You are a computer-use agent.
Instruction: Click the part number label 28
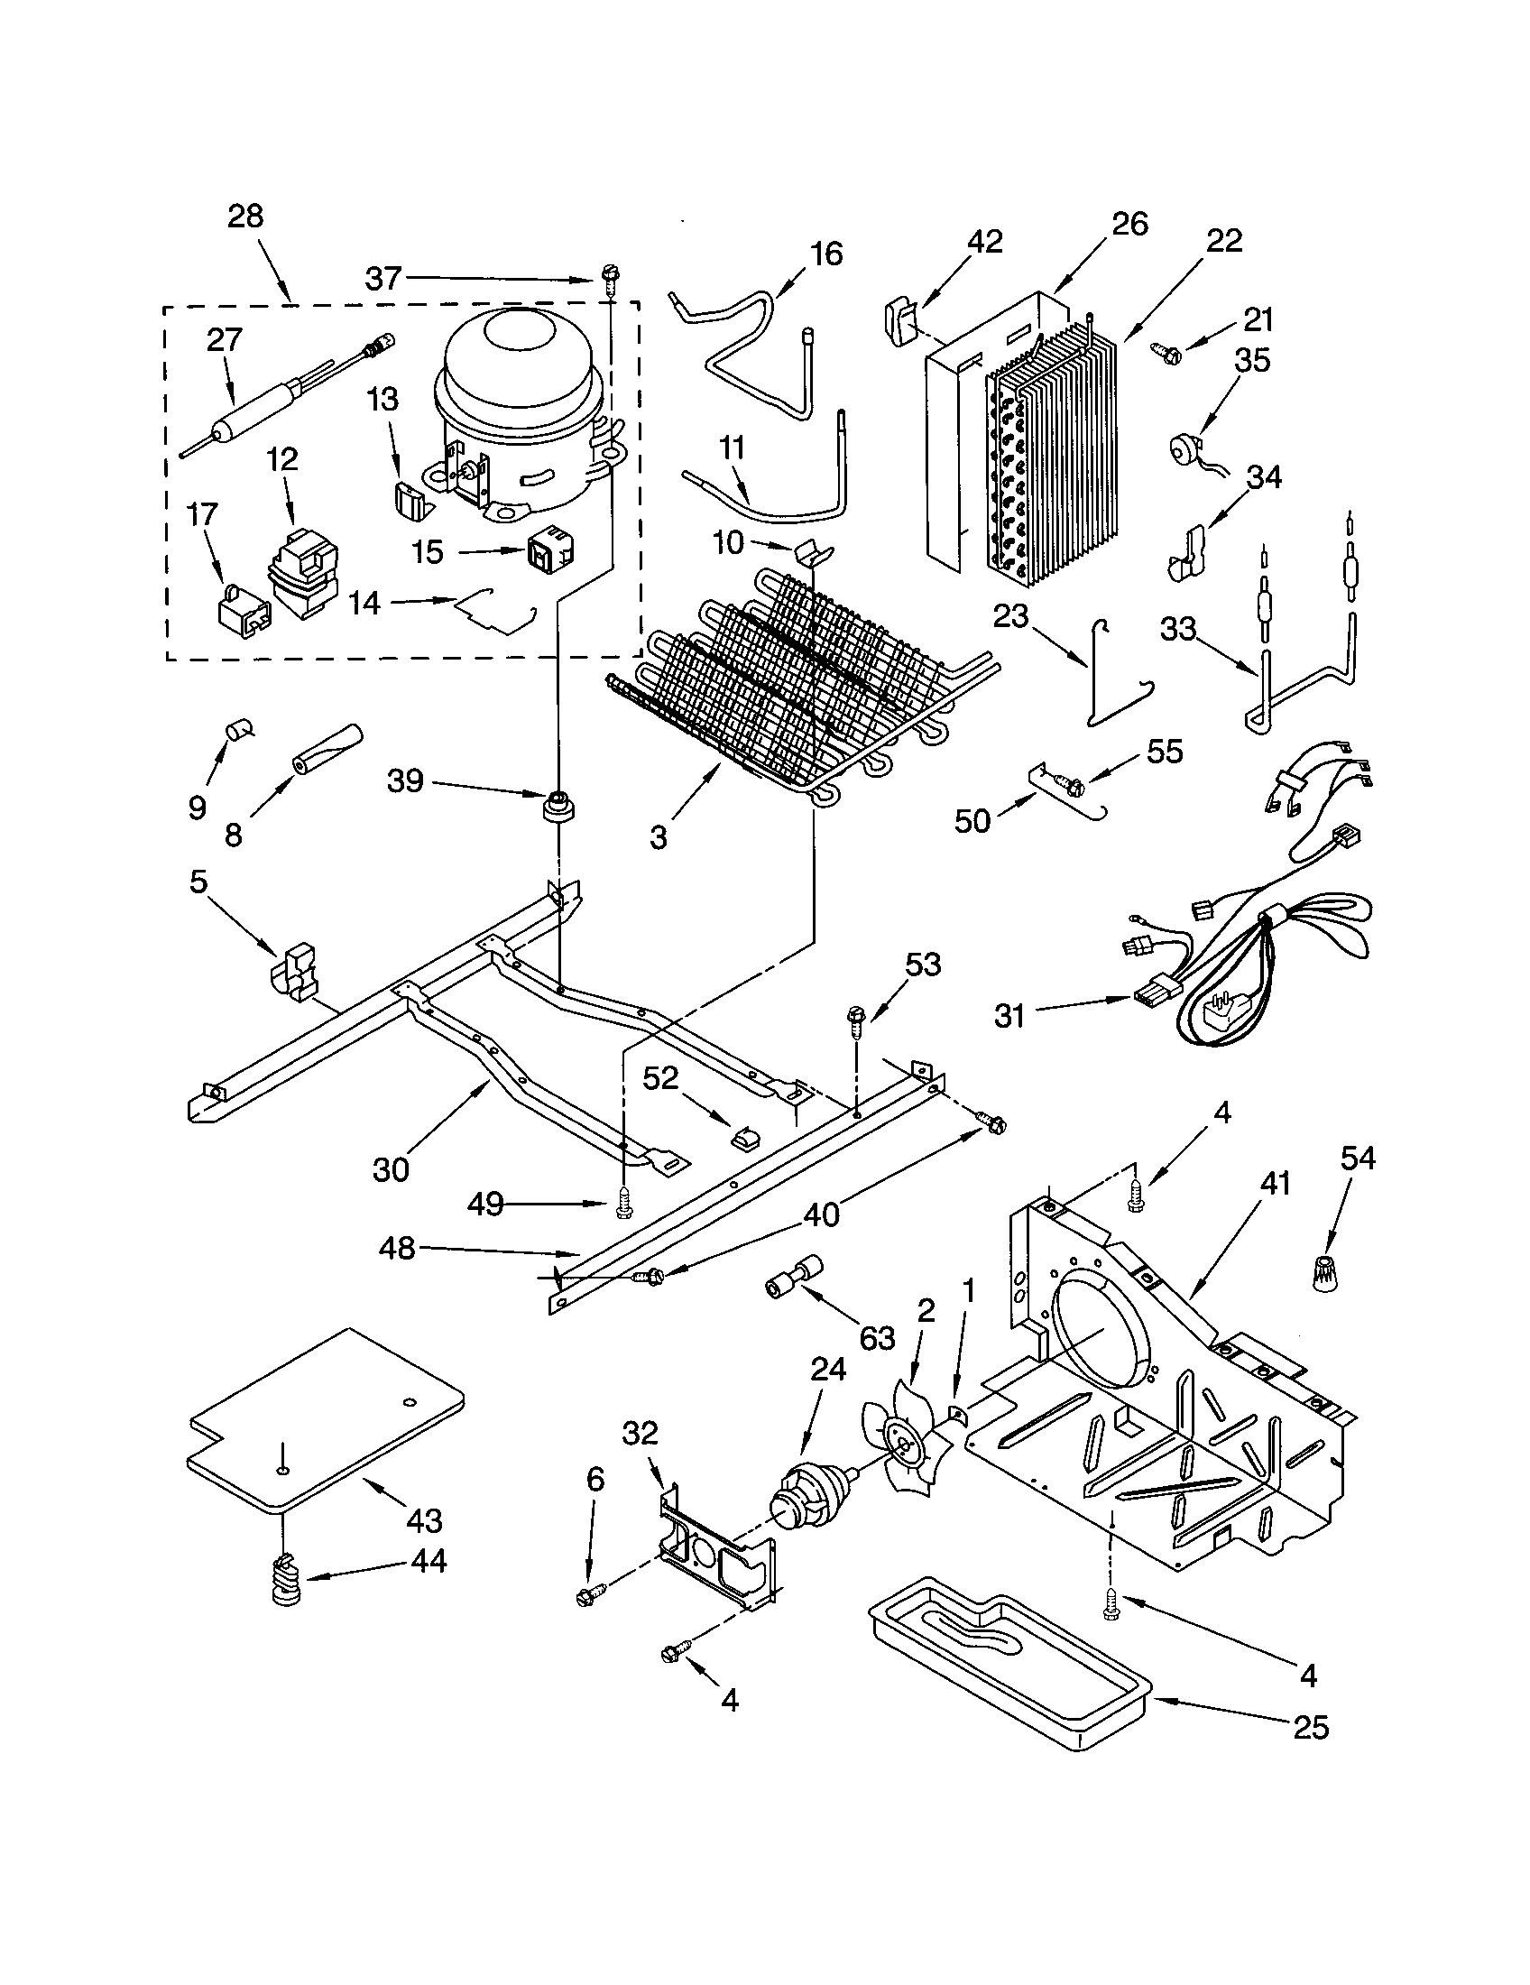click(x=245, y=217)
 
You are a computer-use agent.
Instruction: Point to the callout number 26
click(x=1129, y=224)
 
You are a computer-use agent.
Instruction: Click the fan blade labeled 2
click(x=904, y=1448)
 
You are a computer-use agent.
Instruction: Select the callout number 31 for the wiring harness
click(x=1009, y=1016)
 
